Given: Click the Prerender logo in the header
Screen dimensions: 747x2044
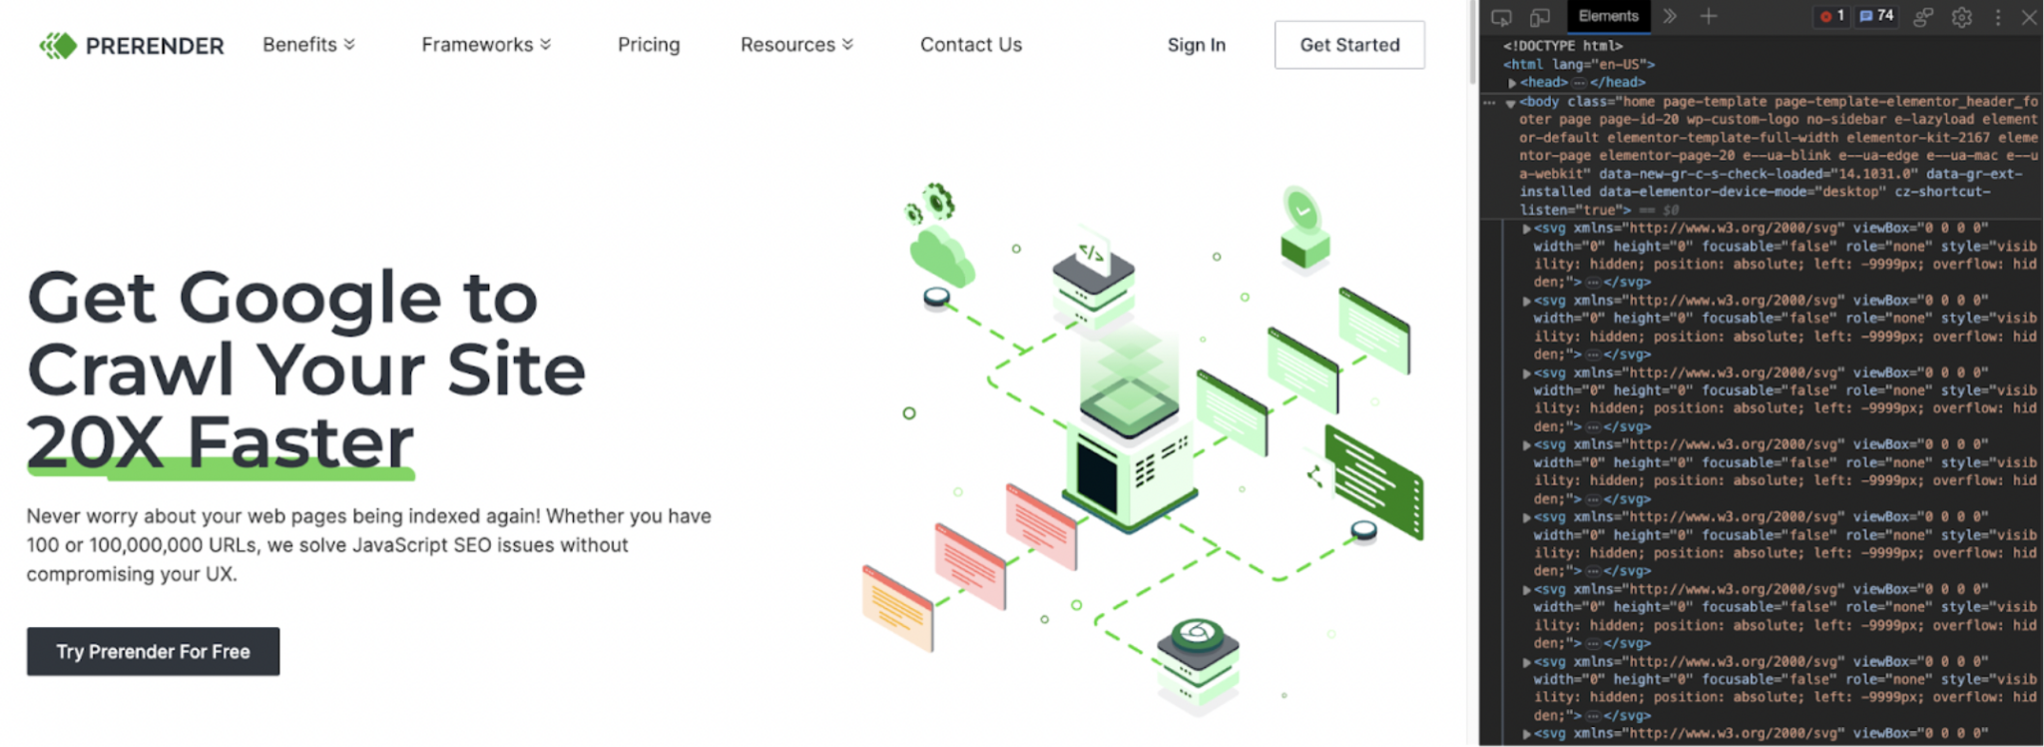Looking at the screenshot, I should coord(132,45).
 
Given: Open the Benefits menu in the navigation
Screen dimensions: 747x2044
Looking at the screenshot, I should coord(308,45).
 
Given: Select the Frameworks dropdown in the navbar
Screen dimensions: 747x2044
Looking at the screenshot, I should coord(486,45).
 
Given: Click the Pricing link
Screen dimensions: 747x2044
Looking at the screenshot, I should coord(649,45).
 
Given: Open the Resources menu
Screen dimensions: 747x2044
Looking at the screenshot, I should coord(796,45).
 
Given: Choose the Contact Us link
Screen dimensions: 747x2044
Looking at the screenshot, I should coord(971,45).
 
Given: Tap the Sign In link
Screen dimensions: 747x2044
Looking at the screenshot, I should coord(1197,45).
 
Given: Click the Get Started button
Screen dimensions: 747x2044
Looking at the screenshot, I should coord(1349,45).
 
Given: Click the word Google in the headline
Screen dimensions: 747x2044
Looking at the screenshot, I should coord(309,298).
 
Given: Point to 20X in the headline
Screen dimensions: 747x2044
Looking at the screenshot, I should coord(95,441).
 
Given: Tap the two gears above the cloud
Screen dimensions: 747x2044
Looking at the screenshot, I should coord(931,203).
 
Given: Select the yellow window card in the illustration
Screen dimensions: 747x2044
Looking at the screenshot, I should coord(897,607).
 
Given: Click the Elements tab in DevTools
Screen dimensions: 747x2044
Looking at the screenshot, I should coord(1608,16).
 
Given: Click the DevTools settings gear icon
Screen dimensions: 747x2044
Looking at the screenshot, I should coord(1961,17).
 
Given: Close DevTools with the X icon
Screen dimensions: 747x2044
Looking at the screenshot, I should coord(2029,17).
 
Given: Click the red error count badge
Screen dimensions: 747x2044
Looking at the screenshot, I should coord(1831,16).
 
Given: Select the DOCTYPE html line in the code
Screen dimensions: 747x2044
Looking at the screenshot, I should coord(1563,46).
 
